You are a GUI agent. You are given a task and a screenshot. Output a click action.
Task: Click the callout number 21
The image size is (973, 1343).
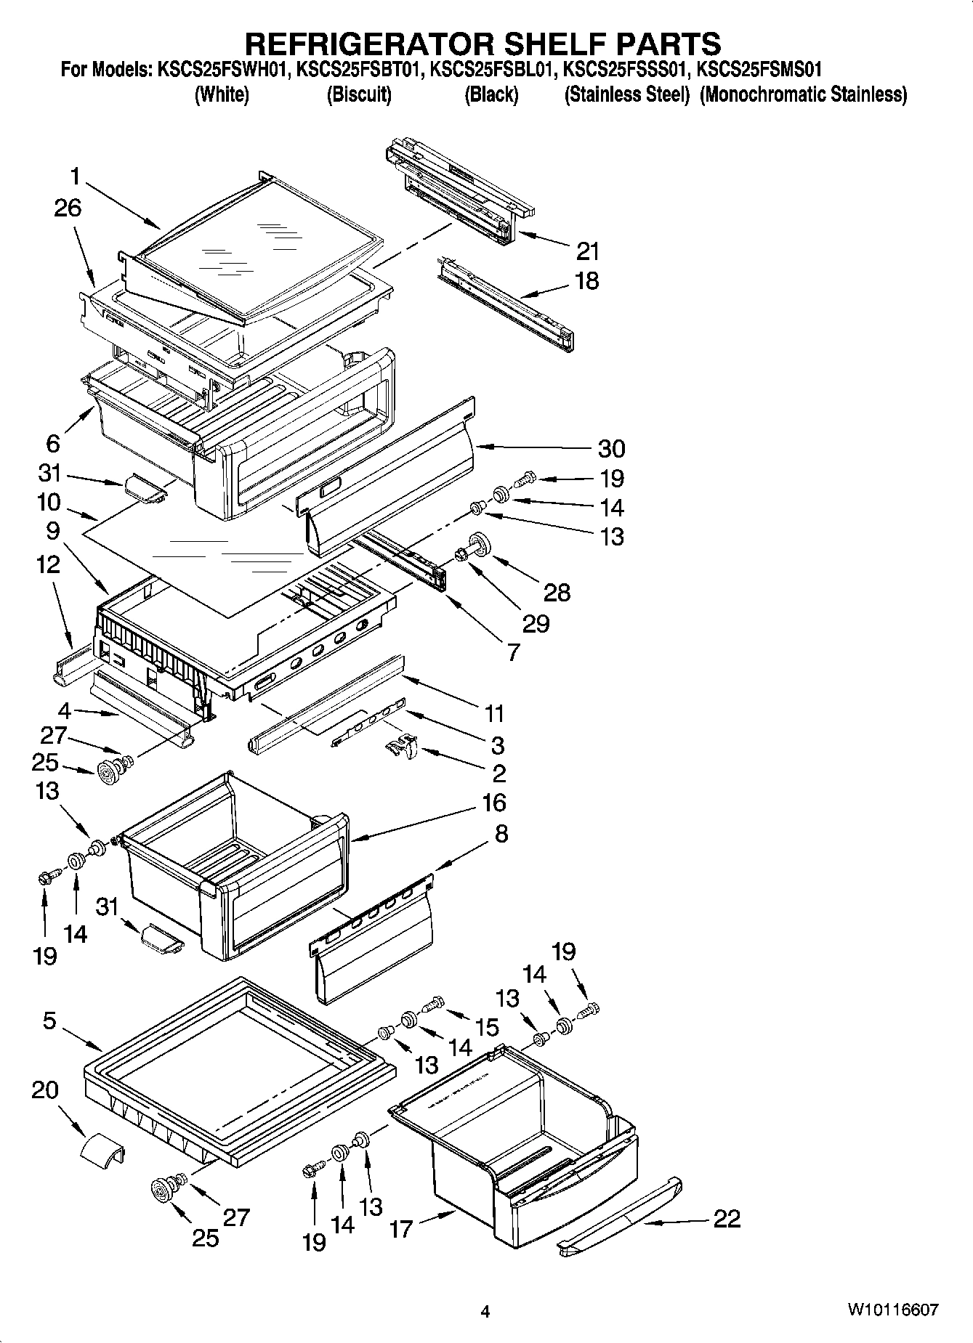[587, 251]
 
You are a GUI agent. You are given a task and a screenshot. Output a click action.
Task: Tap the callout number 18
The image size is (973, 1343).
[586, 281]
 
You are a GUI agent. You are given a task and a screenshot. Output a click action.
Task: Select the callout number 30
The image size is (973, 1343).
[611, 449]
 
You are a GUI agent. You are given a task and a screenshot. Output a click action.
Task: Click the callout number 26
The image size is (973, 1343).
[67, 208]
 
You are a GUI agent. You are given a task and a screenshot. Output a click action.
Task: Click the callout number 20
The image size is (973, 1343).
[45, 1091]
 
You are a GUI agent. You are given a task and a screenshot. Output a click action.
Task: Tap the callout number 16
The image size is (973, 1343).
[493, 803]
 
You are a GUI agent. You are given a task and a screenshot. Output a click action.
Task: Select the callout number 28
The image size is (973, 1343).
[557, 593]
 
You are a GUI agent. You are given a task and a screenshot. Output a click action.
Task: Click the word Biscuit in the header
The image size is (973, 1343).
[359, 94]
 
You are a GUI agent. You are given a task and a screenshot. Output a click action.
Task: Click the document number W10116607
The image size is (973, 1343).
[892, 1310]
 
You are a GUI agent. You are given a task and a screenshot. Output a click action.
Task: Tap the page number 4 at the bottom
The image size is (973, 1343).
[485, 1312]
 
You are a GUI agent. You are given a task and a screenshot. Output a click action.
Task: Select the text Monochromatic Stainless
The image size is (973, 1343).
[803, 94]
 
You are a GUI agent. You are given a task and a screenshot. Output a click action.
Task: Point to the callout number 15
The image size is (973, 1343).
[488, 1027]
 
